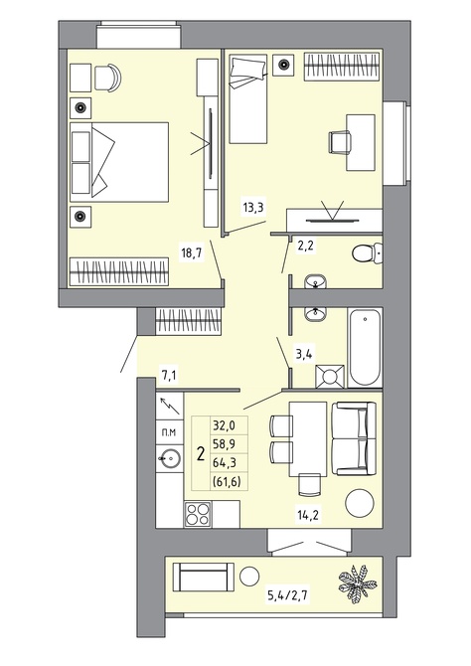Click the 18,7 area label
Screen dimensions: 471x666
pyautogui.click(x=191, y=252)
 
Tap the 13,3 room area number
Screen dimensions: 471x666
pyautogui.click(x=253, y=208)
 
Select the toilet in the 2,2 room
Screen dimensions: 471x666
pyautogui.click(x=367, y=253)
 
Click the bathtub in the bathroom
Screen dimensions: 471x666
pyautogui.click(x=365, y=348)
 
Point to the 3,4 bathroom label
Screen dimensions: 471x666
pyautogui.click(x=304, y=354)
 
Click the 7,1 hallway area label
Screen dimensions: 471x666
pyautogui.click(x=169, y=376)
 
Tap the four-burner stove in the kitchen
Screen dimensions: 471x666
pyautogui.click(x=198, y=514)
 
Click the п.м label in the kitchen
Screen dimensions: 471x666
pyautogui.click(x=169, y=432)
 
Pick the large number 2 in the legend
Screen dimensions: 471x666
pyautogui.click(x=201, y=453)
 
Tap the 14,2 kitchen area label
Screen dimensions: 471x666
pyautogui.click(x=308, y=515)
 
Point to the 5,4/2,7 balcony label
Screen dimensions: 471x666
pyautogui.click(x=288, y=595)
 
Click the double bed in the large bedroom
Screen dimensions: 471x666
pyautogui.click(x=119, y=162)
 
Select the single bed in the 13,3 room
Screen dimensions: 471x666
pyautogui.click(x=248, y=98)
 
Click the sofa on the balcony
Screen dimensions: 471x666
pyautogui.click(x=204, y=577)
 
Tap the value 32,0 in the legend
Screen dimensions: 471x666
pyautogui.click(x=224, y=424)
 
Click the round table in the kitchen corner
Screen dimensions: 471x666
pyautogui.click(x=360, y=503)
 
